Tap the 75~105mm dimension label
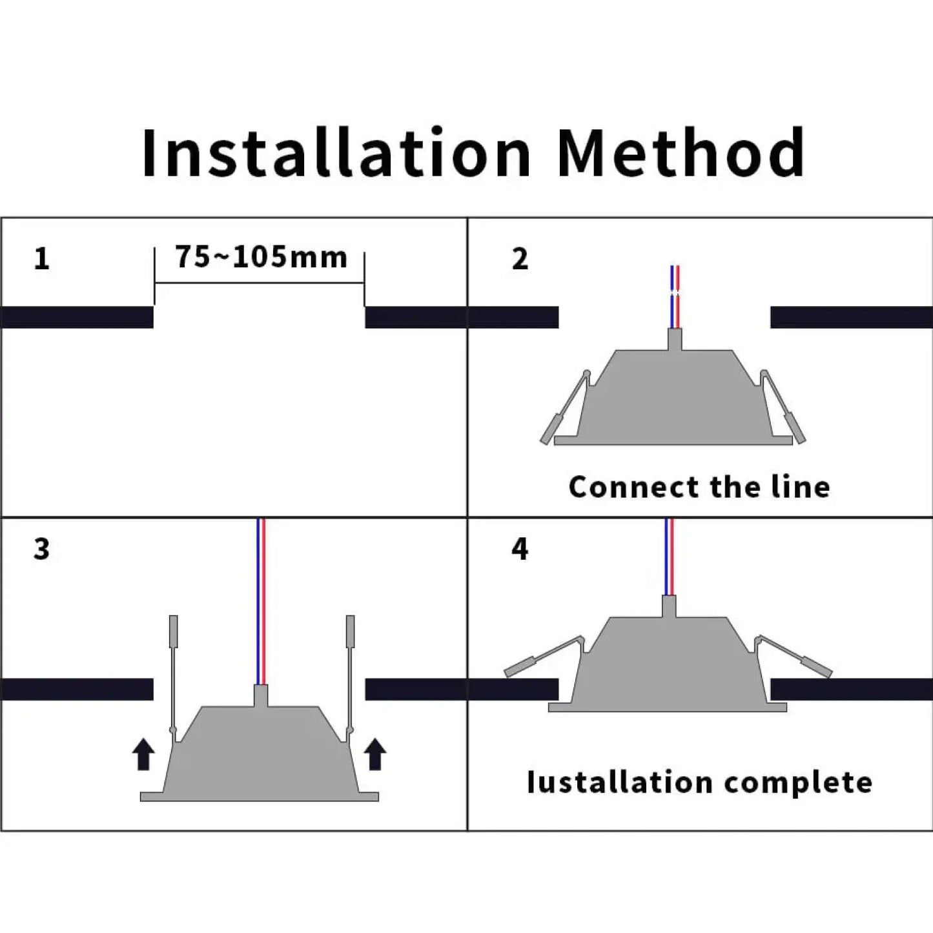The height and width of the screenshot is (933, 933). [x=261, y=257]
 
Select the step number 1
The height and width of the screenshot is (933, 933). [x=41, y=259]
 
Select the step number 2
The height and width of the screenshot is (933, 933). [x=520, y=259]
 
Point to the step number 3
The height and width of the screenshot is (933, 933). [x=41, y=549]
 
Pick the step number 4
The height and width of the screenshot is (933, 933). [x=520, y=549]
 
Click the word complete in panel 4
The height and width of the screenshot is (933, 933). [x=798, y=783]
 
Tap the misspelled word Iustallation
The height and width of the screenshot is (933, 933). [x=620, y=783]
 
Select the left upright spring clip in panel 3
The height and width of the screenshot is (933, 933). [x=173, y=672]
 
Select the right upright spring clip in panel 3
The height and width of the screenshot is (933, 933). [x=350, y=672]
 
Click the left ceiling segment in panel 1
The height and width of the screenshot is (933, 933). [x=77, y=317]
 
